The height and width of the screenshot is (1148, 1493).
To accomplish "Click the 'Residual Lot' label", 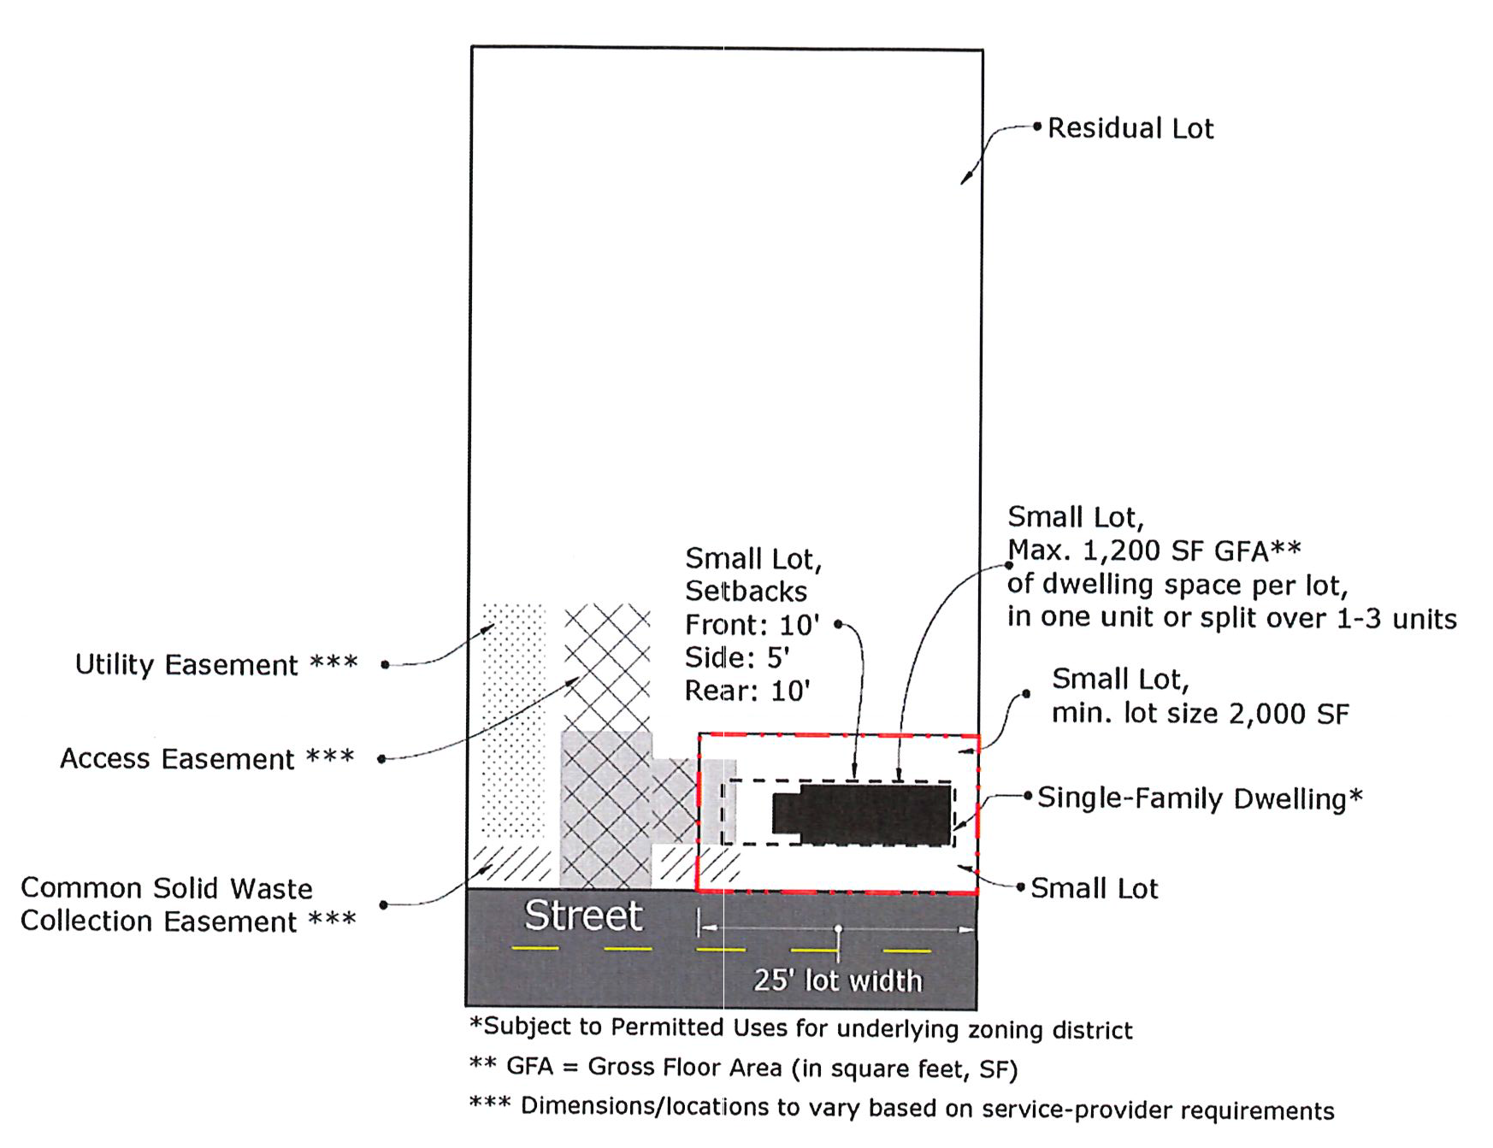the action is point(1130,128).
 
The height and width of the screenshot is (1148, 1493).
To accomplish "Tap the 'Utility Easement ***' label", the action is point(215,664).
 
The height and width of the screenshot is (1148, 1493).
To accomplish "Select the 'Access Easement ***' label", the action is point(206,758).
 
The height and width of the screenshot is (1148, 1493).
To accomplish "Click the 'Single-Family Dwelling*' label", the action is point(1199,798).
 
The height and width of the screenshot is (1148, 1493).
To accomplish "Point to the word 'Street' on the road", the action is point(583,915).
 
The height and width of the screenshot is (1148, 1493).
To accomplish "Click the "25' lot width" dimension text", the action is point(837,980).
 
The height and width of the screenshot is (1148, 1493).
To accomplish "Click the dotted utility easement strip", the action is point(513,718).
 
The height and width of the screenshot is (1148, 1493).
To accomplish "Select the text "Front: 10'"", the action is point(752,625).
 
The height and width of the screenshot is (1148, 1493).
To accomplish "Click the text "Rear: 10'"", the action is point(746,691).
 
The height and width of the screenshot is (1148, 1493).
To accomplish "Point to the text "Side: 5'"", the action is point(736,657).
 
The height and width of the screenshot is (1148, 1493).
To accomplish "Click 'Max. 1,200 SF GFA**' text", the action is point(1154,550).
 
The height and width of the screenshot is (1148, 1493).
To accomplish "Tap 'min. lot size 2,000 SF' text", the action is point(1200,713).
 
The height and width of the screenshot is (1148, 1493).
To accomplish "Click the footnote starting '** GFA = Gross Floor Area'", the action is point(743,1068).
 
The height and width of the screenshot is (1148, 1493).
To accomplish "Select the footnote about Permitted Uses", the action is point(800,1028).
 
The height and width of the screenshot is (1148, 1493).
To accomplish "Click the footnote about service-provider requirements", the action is point(901,1108).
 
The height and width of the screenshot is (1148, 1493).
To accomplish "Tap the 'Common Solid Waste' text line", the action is point(167,888).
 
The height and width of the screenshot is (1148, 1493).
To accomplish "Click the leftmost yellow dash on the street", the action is point(535,948).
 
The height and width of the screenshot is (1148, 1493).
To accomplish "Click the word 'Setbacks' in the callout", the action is point(746,592).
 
